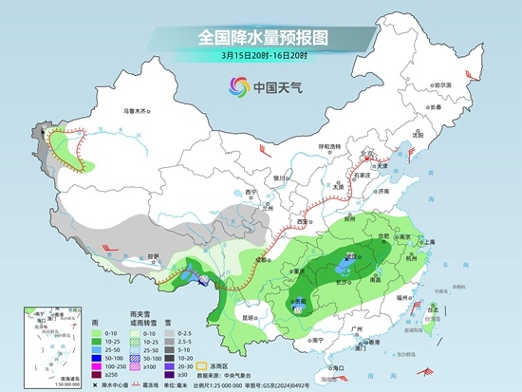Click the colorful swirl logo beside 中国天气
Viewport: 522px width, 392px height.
pos(234,88)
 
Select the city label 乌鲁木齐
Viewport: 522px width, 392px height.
pos(138,111)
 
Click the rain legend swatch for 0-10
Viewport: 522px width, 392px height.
pos(100,332)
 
